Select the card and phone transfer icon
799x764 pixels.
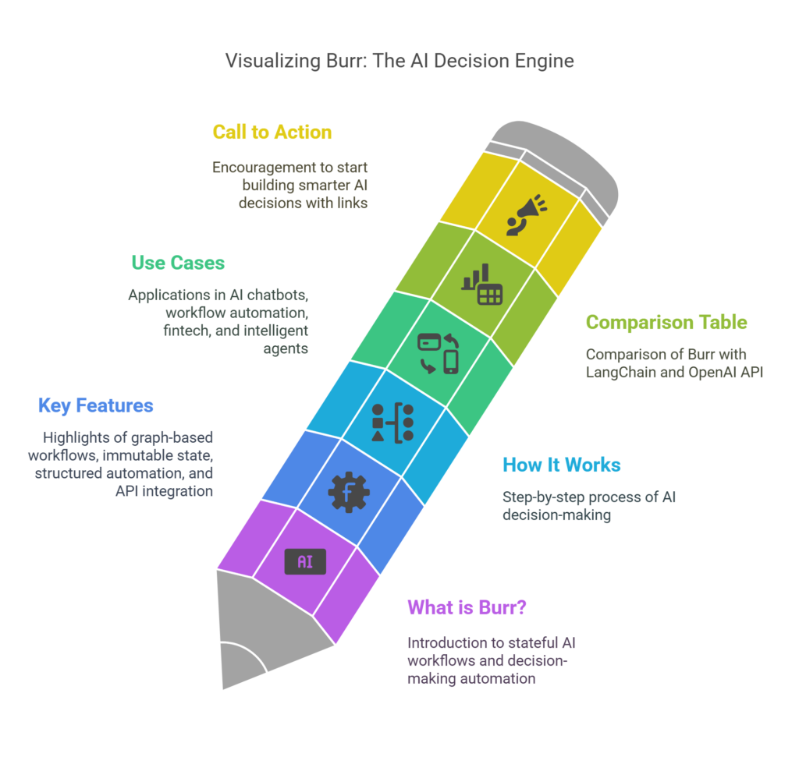coord(438,353)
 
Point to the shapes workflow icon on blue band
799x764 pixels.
coord(392,423)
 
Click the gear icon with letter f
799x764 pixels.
coord(348,492)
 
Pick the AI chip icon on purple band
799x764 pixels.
coord(305,561)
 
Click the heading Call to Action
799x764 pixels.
coord(272,133)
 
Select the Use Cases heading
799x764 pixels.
coord(178,263)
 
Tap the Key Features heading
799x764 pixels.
coord(96,405)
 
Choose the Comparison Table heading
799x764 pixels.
coord(666,322)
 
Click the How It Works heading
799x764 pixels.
coord(562,465)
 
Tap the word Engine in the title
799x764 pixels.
coord(543,61)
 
